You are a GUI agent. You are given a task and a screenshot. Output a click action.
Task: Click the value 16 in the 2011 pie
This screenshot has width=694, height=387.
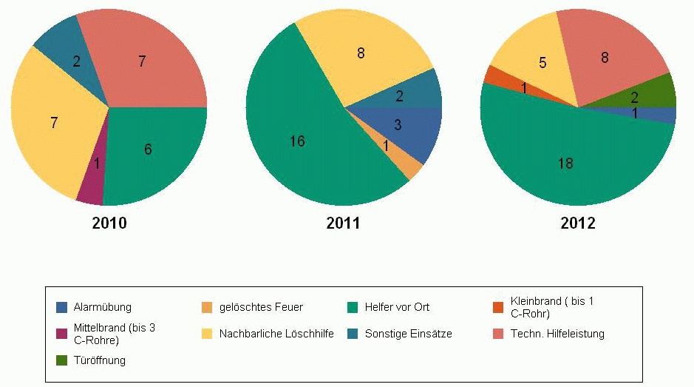[x=297, y=141]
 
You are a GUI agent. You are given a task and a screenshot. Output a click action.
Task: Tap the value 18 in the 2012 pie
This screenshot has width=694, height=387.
[x=565, y=164]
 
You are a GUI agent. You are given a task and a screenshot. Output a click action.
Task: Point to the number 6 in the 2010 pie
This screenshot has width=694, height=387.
[x=148, y=149]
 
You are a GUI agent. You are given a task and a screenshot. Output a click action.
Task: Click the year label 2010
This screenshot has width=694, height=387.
[x=109, y=223]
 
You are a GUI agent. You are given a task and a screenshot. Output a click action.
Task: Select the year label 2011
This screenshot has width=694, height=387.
[x=343, y=223]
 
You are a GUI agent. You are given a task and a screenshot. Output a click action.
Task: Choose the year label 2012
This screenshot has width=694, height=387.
[x=578, y=223]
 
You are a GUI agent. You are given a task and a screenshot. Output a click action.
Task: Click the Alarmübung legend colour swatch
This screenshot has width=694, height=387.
[x=62, y=307]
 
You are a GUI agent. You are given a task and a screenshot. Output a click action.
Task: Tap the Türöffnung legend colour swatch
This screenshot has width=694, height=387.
[x=62, y=360]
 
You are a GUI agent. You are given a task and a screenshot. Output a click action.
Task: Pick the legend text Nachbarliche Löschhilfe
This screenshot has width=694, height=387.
[x=276, y=334]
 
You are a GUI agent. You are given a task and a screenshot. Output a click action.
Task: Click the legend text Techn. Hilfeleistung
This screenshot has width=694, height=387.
[x=557, y=334]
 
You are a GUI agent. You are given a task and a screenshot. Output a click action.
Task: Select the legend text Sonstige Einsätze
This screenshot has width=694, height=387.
[x=408, y=334]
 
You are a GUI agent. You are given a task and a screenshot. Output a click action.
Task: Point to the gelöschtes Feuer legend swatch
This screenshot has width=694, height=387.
[x=207, y=307]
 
